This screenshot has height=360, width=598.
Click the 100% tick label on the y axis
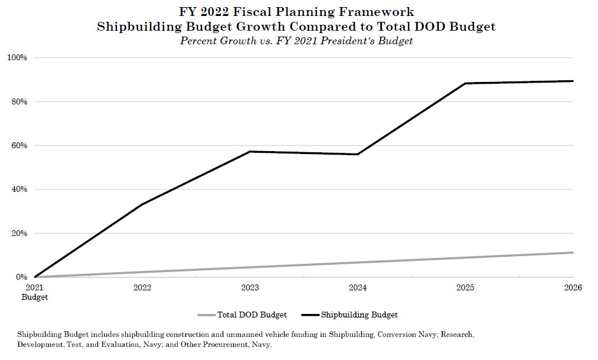point(18,57)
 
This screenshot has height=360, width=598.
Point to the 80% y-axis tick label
point(19,102)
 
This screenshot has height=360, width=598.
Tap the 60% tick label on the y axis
point(19,145)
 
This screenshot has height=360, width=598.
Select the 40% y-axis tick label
point(19,189)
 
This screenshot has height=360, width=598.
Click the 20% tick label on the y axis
point(19,233)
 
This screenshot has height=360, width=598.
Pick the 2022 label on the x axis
point(142,288)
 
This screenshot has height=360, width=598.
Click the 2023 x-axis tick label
point(250,288)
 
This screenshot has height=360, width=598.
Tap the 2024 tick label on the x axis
point(358,288)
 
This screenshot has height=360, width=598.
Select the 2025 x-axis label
point(465,288)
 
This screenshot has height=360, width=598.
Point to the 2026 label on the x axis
point(573,288)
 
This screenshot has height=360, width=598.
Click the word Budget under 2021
point(35,297)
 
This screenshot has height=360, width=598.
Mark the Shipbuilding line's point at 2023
point(250,152)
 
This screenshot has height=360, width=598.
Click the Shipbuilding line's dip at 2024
point(358,154)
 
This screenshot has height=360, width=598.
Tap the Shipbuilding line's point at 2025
point(465,83)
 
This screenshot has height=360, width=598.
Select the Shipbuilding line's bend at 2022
point(142,204)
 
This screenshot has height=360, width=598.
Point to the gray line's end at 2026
point(573,253)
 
